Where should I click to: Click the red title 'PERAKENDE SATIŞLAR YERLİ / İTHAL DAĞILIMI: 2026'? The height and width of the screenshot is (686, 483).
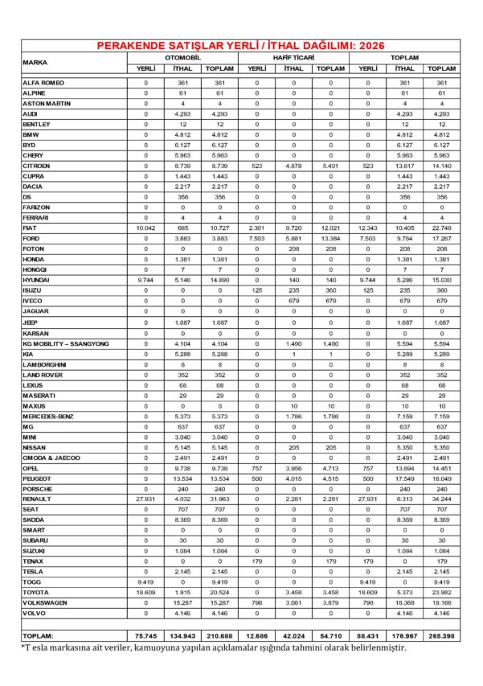pyautogui.click(x=241, y=46)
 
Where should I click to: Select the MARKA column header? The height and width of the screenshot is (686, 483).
pyautogui.click(x=35, y=62)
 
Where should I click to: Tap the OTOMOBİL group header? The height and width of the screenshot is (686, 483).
pyautogui.click(x=182, y=59)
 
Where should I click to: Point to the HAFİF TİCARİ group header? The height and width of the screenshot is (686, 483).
pyautogui.click(x=293, y=59)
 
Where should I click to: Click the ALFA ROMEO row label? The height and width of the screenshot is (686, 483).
pyautogui.click(x=44, y=83)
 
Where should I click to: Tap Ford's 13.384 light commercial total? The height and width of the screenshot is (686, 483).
pyautogui.click(x=331, y=239)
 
